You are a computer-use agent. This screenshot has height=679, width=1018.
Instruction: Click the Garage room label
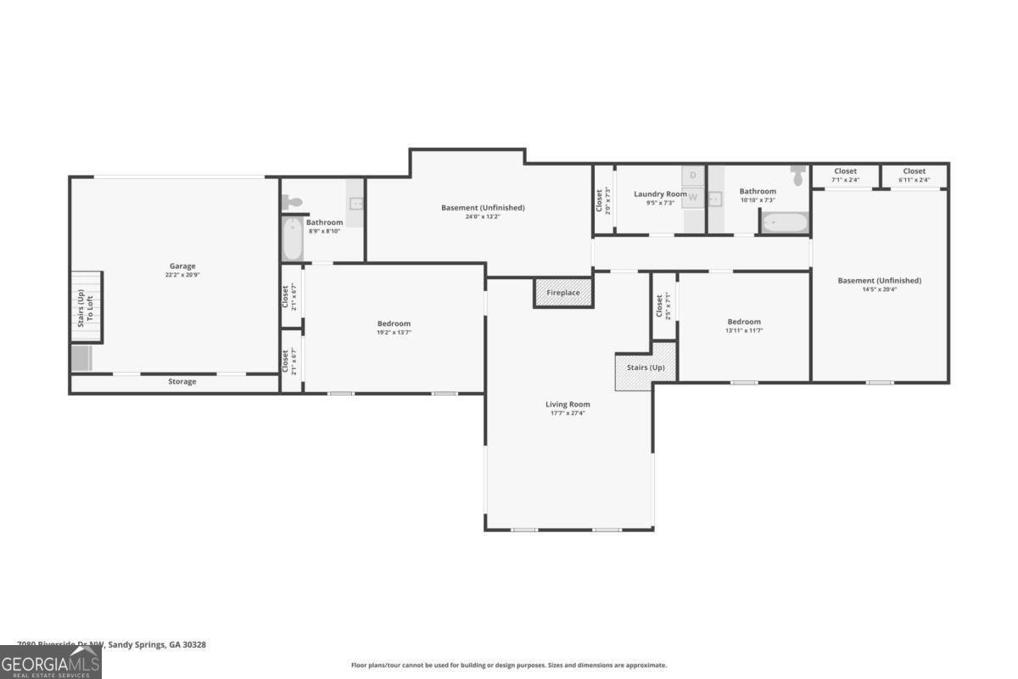[x=182, y=267]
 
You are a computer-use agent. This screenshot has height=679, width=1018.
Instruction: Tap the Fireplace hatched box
[x=563, y=293]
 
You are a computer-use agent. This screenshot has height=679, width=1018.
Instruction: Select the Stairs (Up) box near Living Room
[x=646, y=368]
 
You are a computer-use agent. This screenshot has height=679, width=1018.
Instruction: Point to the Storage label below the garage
[x=182, y=382]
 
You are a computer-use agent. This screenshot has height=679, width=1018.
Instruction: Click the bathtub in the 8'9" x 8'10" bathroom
[x=291, y=239]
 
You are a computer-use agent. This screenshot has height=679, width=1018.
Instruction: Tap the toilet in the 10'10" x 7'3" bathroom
[x=797, y=176]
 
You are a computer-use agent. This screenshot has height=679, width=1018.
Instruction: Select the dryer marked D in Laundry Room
[x=693, y=176]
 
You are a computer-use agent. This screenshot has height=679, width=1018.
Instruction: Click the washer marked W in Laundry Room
[x=693, y=198]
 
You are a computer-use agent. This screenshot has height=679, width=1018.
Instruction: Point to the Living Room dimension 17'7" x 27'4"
[x=568, y=413]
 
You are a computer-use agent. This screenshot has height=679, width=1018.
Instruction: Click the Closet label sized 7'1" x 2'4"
[x=845, y=171]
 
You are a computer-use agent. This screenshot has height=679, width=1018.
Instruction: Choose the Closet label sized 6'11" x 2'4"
[x=914, y=171]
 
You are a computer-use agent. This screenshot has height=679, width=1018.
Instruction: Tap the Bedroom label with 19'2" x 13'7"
[x=394, y=323]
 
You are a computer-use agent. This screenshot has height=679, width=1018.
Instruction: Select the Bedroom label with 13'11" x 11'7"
[x=744, y=322]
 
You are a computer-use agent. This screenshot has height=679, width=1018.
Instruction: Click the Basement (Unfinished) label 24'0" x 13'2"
[x=483, y=208]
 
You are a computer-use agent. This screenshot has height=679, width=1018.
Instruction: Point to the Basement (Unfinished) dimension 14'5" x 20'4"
[x=879, y=289]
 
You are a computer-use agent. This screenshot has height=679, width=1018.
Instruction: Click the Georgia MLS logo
[x=50, y=663]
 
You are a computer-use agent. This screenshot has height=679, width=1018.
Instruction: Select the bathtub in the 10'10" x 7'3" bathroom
[x=784, y=222]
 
